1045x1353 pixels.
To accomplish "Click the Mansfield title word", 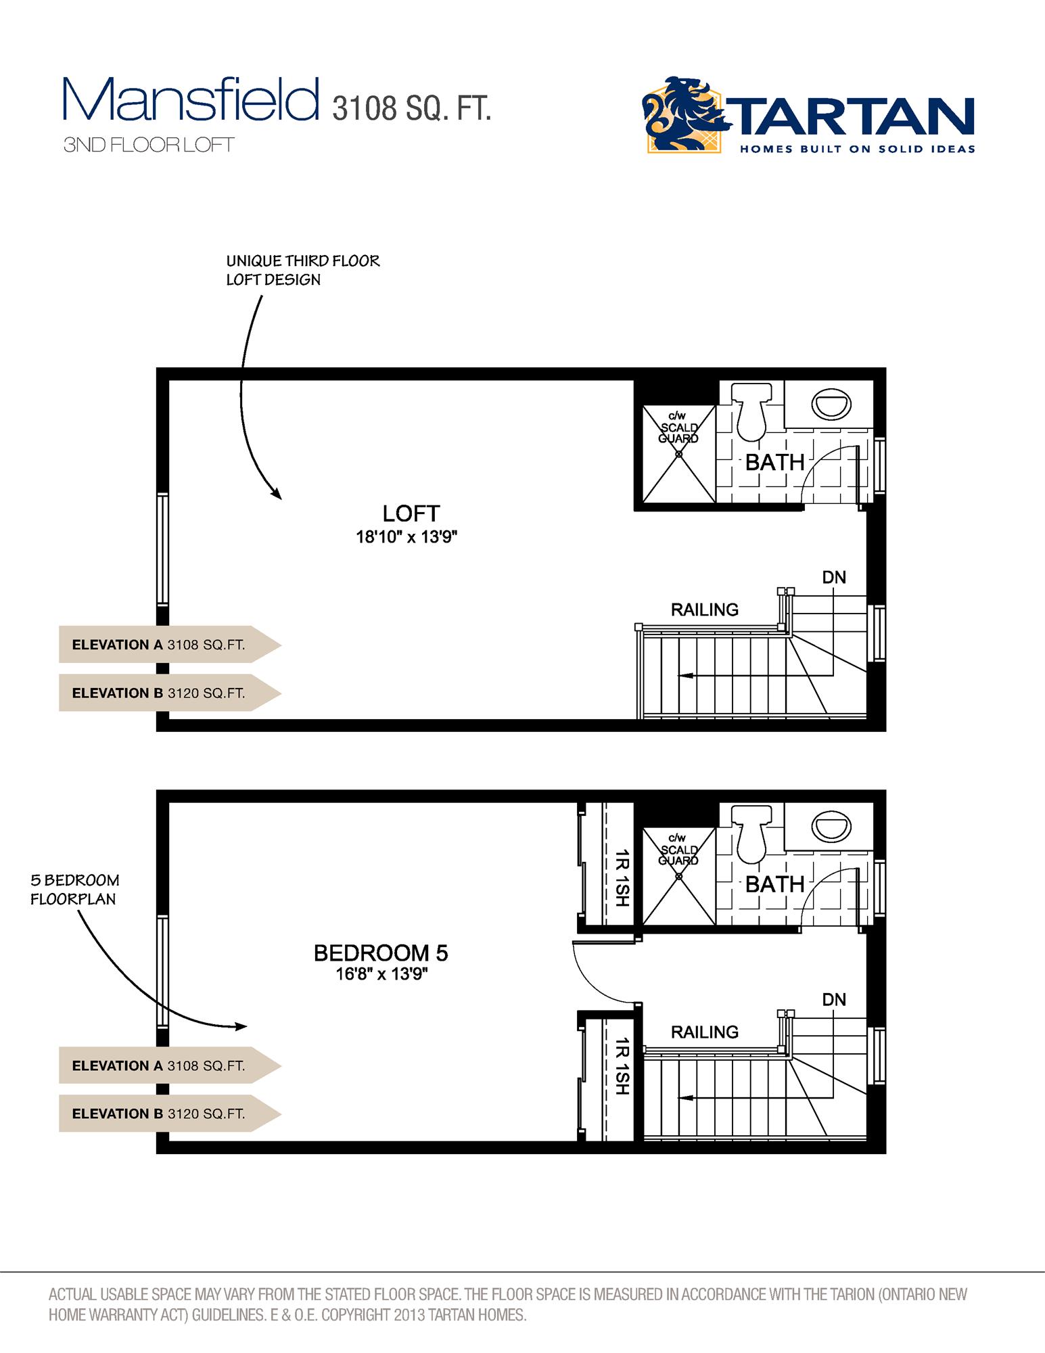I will pyautogui.click(x=191, y=99).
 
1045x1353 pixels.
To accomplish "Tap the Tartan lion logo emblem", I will pyautogui.click(x=683, y=114).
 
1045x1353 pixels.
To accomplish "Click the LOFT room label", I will pyautogui.click(x=411, y=514).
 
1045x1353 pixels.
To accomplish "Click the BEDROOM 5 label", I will pyautogui.click(x=381, y=953).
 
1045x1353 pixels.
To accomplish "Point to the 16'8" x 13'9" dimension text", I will pyautogui.click(x=382, y=975).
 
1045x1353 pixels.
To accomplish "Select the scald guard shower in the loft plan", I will pyautogui.click(x=678, y=454).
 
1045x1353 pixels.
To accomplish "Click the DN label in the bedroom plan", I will pyautogui.click(x=834, y=999).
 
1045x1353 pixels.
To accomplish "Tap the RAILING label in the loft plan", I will pyautogui.click(x=704, y=610).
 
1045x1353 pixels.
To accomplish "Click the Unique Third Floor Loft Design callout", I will pyautogui.click(x=302, y=270).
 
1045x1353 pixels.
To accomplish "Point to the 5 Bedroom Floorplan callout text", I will pyautogui.click(x=74, y=890).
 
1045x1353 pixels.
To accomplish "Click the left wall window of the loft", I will pyautogui.click(x=162, y=549).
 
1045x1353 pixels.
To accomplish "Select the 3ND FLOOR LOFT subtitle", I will pyautogui.click(x=149, y=145).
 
